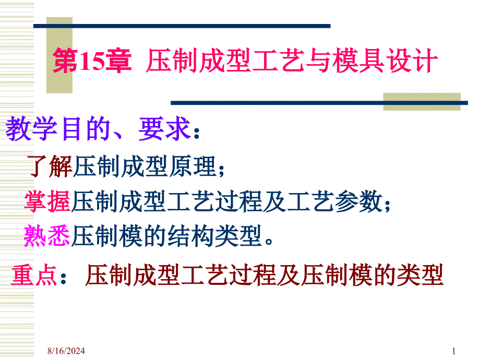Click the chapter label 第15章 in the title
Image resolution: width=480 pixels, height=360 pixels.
tap(92, 61)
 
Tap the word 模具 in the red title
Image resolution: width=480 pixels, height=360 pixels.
tap(358, 61)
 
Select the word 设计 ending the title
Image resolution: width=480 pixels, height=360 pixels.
tap(412, 61)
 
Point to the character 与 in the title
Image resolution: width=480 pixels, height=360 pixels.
tap(318, 61)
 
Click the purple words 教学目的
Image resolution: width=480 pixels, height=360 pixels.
tap(58, 129)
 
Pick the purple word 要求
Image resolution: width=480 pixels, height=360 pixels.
tap(165, 129)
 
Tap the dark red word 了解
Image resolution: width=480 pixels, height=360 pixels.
tap(50, 166)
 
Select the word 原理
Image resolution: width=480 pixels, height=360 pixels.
tap(193, 166)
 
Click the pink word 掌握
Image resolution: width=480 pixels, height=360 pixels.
tap(47, 201)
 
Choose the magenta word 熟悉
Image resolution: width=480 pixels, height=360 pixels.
tap(47, 235)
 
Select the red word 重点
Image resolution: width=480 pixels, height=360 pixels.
tap(34, 275)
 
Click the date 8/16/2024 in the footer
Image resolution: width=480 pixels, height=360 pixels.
tap(66, 351)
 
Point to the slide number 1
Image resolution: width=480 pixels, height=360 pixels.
tap(454, 351)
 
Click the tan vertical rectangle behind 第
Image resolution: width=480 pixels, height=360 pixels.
tap(59, 55)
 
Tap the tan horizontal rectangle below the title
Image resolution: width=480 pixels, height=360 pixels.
tap(422, 102)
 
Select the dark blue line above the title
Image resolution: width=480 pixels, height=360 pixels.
tap(182, 26)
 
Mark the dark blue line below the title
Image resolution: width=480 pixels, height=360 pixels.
tap(319, 103)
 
